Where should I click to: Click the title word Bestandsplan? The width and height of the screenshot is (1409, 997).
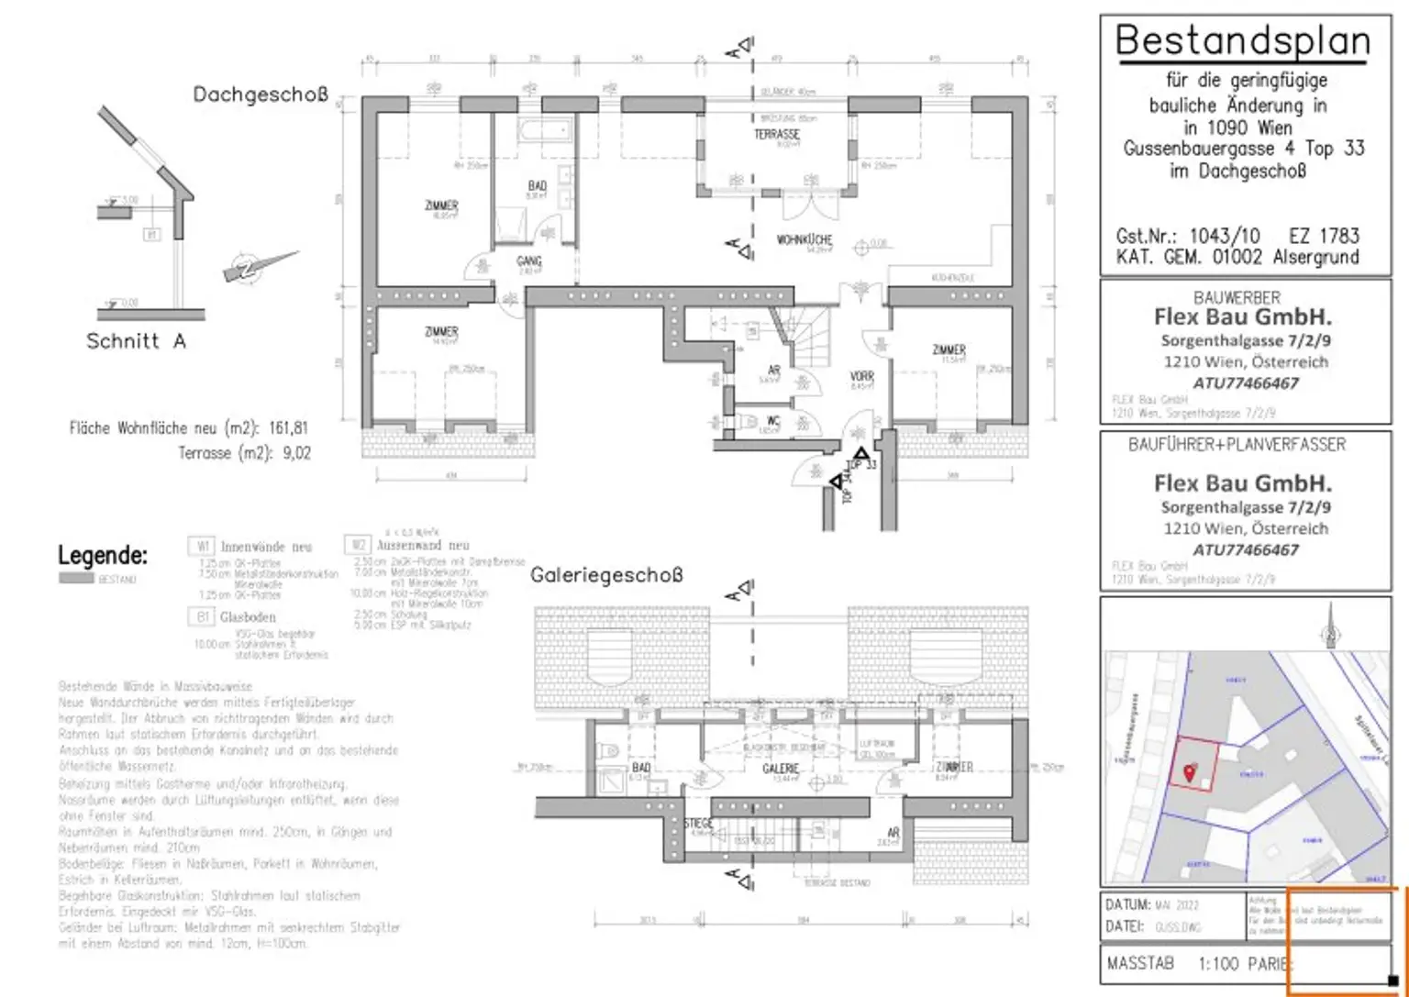click(1242, 41)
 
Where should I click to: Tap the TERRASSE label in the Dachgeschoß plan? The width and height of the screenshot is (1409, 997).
click(777, 134)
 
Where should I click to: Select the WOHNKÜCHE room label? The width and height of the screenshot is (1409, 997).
click(804, 239)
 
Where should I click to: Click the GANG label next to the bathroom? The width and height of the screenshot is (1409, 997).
click(529, 261)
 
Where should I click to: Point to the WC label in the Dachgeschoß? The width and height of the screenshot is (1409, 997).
click(772, 421)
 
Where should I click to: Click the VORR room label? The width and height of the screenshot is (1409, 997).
click(861, 376)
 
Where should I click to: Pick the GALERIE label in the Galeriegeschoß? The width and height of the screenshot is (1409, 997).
click(781, 769)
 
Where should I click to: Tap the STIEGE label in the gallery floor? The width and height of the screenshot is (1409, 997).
click(698, 824)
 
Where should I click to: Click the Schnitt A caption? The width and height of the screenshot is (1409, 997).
click(136, 341)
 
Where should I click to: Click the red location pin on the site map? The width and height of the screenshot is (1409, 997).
click(1190, 772)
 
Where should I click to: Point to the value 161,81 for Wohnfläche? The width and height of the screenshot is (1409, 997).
click(288, 428)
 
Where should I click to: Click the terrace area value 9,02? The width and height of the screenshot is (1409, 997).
click(296, 453)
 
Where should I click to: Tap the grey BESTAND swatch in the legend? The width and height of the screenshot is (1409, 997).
click(76, 579)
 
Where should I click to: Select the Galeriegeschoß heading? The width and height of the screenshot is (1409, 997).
click(606, 576)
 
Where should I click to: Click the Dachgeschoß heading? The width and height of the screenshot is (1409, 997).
click(260, 94)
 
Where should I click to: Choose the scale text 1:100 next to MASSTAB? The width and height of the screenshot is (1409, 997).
click(1218, 964)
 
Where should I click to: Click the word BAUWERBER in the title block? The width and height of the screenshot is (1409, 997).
click(1237, 298)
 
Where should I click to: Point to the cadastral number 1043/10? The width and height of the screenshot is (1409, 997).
click(1224, 236)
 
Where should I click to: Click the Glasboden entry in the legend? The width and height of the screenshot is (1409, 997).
click(247, 617)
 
